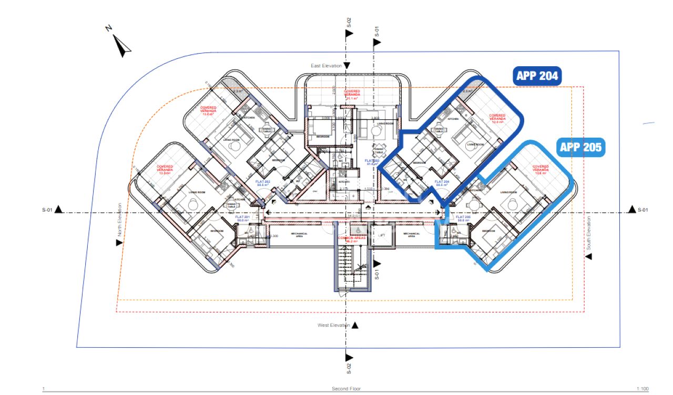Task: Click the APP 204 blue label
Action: pos(537,76)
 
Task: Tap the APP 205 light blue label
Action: pos(580,147)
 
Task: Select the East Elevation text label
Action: pos(326,66)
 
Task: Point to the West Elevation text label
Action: pos(333,325)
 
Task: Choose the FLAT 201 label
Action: pos(242,219)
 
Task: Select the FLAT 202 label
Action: pos(262,183)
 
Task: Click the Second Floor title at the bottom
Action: pos(346,389)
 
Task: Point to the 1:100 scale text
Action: pos(642,389)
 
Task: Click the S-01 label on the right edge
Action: pos(643,210)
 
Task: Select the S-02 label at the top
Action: pos(348,22)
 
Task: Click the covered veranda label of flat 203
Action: pos(352,95)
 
